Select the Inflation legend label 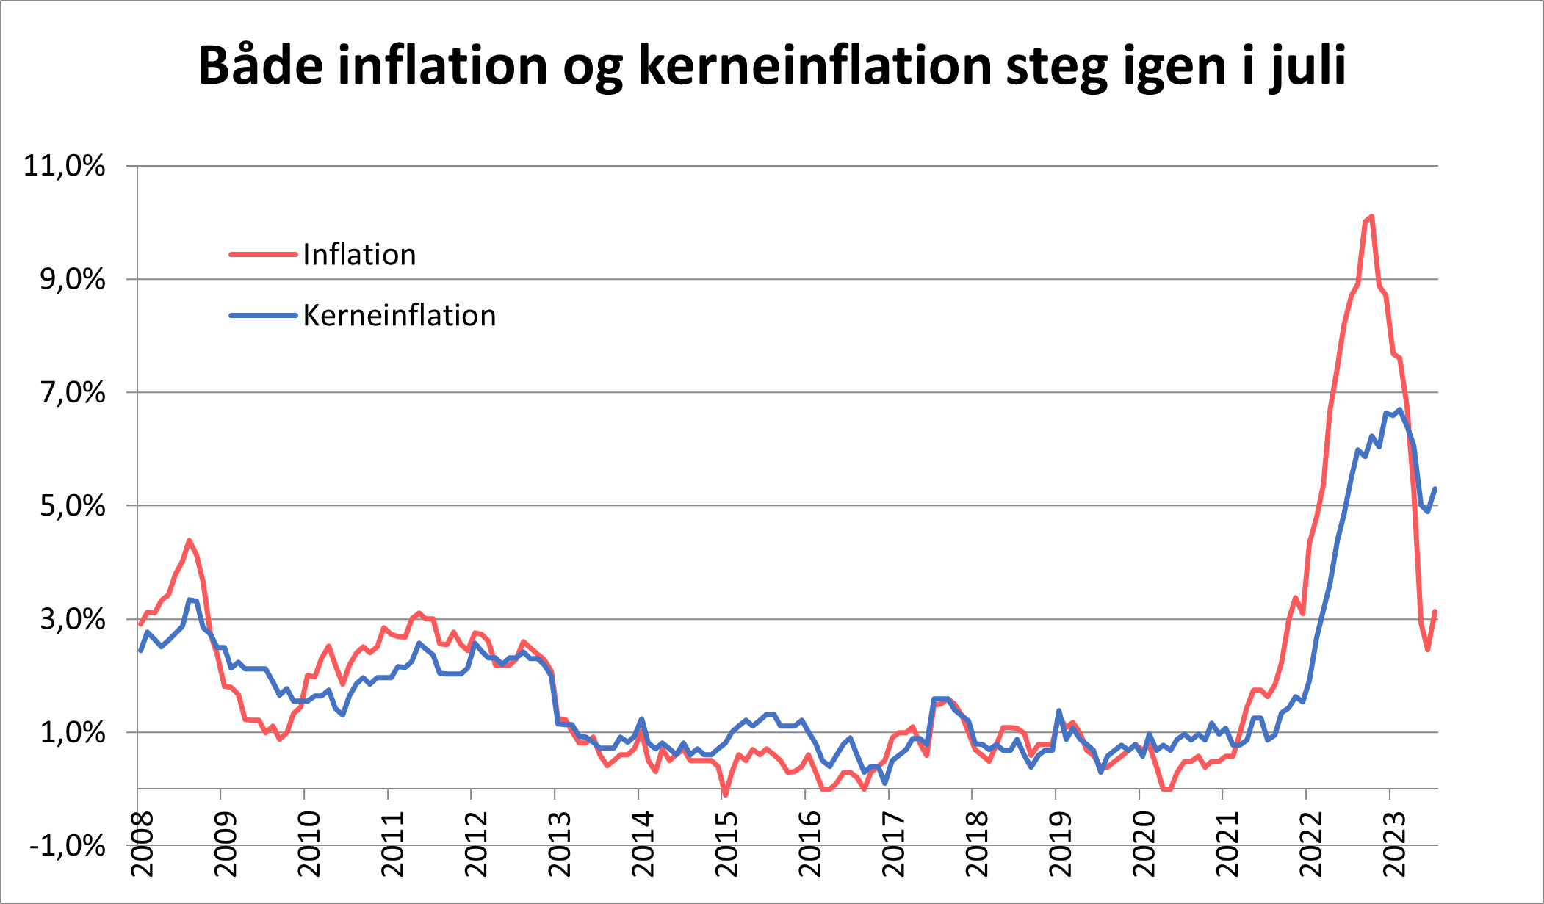[359, 255]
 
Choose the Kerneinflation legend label [399, 316]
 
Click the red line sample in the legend [263, 255]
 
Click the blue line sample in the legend [263, 316]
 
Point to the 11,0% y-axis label [65, 166]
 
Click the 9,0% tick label [73, 280]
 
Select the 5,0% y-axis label [73, 506]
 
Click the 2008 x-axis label [143, 844]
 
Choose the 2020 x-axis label [1144, 844]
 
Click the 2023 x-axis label [1394, 844]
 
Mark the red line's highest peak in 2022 [1371, 217]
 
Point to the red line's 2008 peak [189, 540]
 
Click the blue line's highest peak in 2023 [1400, 410]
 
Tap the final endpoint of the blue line [1435, 489]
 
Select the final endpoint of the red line [1435, 612]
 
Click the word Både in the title [260, 66]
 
